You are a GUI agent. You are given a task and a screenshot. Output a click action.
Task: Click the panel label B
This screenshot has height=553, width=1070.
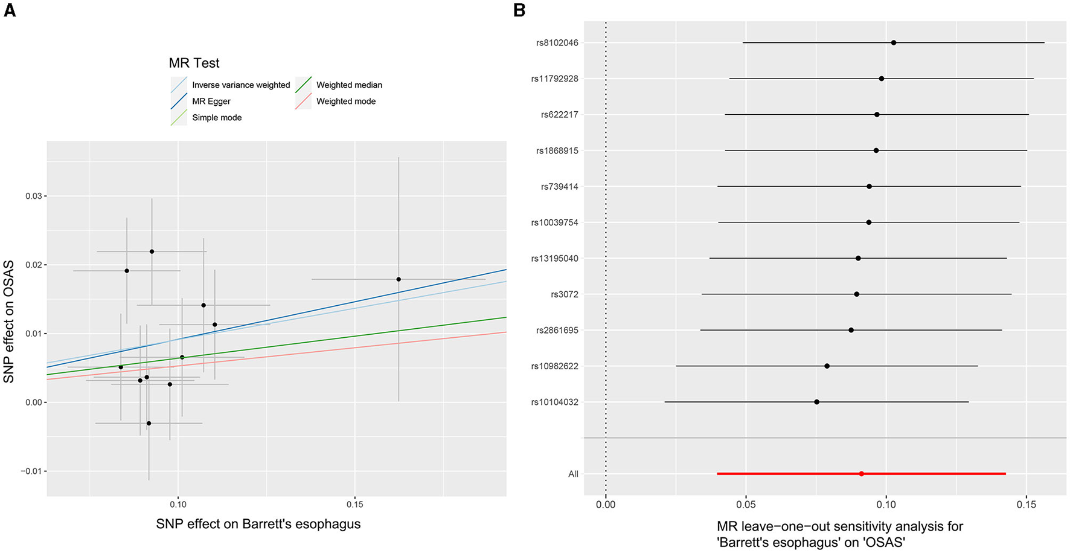point(519,10)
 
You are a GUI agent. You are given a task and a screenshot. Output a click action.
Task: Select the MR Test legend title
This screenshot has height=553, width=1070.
point(194,63)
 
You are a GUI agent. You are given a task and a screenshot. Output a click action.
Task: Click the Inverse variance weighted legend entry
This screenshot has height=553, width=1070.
point(240,85)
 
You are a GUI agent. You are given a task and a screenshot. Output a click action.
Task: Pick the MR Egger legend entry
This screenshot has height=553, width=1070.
point(211,102)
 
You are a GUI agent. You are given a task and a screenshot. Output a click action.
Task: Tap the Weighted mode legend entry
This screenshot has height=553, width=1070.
point(345,102)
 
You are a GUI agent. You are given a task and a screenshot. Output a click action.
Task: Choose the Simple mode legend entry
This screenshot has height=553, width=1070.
point(216,118)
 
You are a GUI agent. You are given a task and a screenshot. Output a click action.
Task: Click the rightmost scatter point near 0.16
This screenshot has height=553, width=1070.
point(399,279)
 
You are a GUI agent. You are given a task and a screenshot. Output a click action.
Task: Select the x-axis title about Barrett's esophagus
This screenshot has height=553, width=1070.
point(258,524)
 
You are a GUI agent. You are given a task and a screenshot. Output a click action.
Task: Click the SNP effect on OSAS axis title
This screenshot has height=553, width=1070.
point(9,322)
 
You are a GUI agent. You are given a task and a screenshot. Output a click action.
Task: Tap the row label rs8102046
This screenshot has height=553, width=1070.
point(557,43)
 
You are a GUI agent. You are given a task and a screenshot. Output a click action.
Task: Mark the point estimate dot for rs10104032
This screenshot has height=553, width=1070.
point(816,402)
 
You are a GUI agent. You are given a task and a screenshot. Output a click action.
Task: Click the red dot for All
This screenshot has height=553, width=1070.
point(861,474)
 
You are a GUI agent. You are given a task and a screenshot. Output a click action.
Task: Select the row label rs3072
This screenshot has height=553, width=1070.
point(564,294)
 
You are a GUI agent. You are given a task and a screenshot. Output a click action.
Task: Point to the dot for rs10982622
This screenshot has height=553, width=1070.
point(827,366)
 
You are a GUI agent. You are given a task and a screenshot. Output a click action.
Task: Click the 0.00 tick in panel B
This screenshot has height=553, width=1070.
point(606,504)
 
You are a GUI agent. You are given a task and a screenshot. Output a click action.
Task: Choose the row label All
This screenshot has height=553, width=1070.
point(573,474)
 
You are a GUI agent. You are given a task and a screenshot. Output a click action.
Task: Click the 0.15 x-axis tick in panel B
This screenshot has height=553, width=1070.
point(1026,504)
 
